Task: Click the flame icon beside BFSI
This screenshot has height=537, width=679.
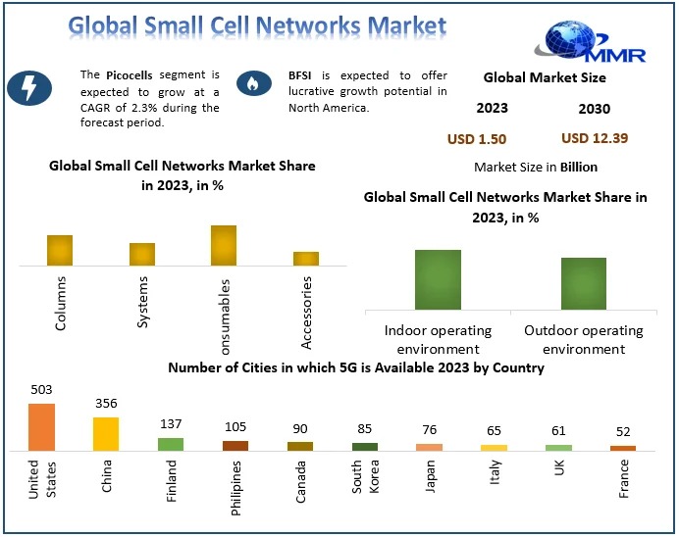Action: (x=254, y=84)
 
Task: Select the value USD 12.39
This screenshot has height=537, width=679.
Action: (x=595, y=138)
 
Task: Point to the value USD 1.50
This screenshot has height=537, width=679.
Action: (x=477, y=139)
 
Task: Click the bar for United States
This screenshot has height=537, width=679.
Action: (x=41, y=427)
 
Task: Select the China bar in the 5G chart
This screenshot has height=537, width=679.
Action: (x=106, y=433)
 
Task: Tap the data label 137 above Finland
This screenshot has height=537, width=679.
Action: (x=171, y=424)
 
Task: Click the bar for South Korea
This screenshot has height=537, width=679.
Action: (x=365, y=446)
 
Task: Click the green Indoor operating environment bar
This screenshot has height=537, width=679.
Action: (x=438, y=280)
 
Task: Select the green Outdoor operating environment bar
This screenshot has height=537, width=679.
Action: (x=584, y=284)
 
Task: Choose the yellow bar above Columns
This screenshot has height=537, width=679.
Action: (x=60, y=250)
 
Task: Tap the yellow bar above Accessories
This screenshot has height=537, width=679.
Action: (x=306, y=258)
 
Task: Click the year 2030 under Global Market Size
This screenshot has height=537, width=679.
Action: (x=594, y=108)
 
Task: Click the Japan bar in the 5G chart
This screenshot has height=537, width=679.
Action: (x=430, y=446)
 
